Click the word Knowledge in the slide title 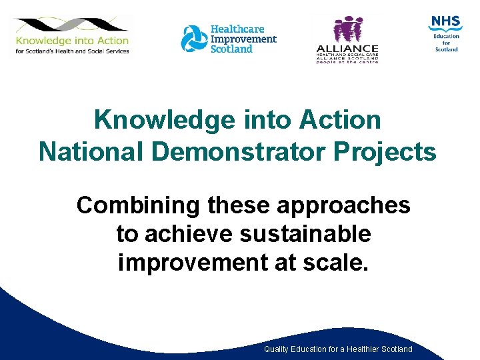165,121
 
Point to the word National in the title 93,152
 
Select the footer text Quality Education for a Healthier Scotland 338,349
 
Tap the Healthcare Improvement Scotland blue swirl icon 194,38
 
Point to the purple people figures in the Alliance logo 347,30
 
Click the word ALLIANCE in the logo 347,49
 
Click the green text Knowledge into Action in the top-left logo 73,40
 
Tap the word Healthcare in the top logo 237,29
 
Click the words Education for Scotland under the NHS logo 446,43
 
